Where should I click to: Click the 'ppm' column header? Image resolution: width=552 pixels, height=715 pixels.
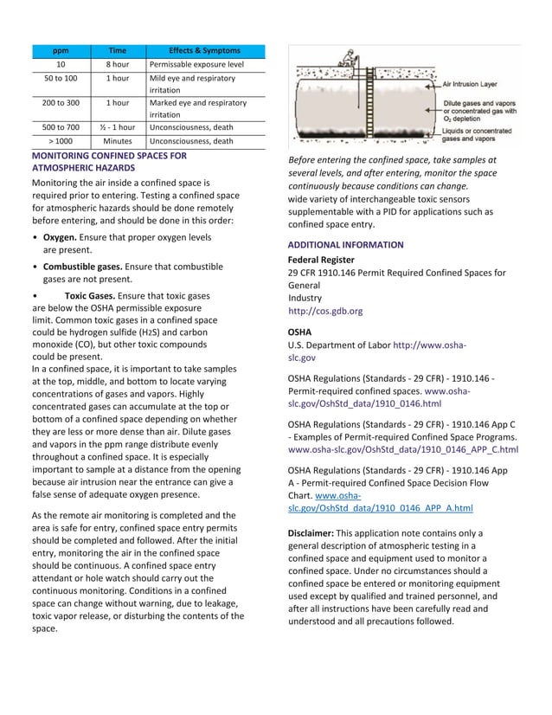tap(61, 50)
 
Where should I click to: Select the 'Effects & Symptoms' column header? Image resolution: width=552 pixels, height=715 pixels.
tap(204, 50)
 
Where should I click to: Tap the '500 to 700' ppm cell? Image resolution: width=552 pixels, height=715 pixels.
tap(61, 127)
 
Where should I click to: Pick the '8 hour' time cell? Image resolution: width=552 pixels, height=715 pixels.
tap(118, 65)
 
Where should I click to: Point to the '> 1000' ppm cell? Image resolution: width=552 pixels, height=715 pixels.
tap(61, 141)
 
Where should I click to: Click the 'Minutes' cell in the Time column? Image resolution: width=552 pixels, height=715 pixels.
tap(118, 141)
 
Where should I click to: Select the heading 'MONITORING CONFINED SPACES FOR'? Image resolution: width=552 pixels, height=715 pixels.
tap(109, 156)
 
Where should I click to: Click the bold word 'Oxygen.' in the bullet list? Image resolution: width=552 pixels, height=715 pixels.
tap(60, 236)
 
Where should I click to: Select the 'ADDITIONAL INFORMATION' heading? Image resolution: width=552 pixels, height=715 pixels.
tap(345, 245)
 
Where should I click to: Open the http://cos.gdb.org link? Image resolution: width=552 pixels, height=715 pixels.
tap(325, 311)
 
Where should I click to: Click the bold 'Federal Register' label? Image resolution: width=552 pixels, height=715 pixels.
tap(321, 260)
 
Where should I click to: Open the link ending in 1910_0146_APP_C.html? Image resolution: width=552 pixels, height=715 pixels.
tap(402, 450)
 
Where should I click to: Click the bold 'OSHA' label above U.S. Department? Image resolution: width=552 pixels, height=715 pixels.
tap(299, 332)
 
